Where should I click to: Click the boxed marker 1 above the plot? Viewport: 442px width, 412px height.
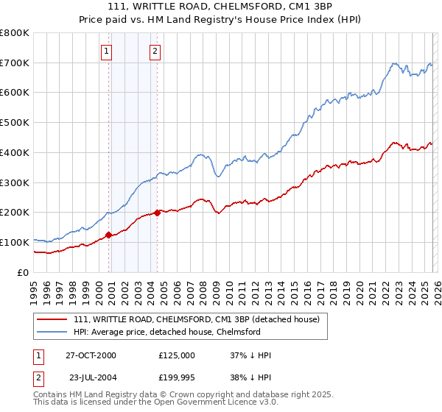108,51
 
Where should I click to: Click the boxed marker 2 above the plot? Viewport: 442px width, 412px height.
156,51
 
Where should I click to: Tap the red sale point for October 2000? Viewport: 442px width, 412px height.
109,235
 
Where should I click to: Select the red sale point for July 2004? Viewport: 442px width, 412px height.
158,213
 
